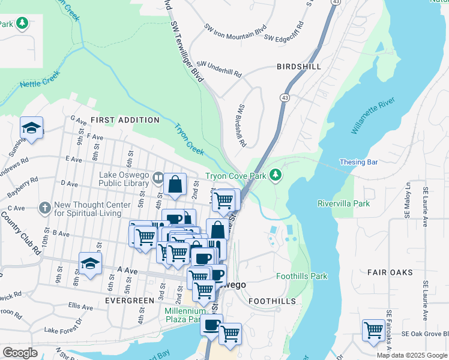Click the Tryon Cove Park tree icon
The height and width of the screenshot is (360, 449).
(276, 175)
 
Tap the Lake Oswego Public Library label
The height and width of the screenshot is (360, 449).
(125, 178)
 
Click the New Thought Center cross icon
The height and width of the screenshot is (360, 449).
(44, 208)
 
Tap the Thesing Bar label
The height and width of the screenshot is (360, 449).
(358, 162)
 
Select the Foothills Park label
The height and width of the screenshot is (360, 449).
(302, 277)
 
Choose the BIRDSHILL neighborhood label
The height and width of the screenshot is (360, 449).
(298, 67)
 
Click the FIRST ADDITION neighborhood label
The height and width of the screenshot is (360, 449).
(125, 120)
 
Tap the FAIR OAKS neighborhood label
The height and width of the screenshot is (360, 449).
(390, 272)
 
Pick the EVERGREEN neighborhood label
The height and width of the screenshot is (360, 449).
(130, 300)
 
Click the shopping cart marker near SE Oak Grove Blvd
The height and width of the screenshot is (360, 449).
(373, 331)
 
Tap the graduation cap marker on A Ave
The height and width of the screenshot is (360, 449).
(90, 263)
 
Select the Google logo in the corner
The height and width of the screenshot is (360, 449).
(20, 353)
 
